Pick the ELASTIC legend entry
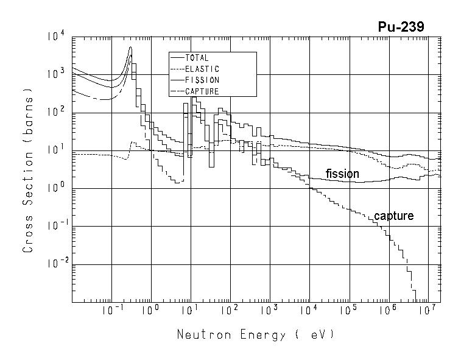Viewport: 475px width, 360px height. click(202, 69)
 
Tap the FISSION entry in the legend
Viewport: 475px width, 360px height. click(202, 80)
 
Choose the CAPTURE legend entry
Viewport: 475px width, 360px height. click(202, 91)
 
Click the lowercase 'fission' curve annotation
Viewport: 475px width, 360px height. click(342, 174)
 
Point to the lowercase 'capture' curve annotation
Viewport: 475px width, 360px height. click(393, 216)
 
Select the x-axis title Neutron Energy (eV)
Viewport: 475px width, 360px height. click(256, 334)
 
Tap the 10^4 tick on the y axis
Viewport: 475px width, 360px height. click(55, 37)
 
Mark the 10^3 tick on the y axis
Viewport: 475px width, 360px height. click(55, 74)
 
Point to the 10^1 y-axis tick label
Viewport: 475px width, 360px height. click(55, 150)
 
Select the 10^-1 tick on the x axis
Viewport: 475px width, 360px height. click(110, 311)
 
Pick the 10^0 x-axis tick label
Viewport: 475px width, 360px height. click(150, 311)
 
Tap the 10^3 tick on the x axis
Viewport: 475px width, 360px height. click(269, 311)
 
